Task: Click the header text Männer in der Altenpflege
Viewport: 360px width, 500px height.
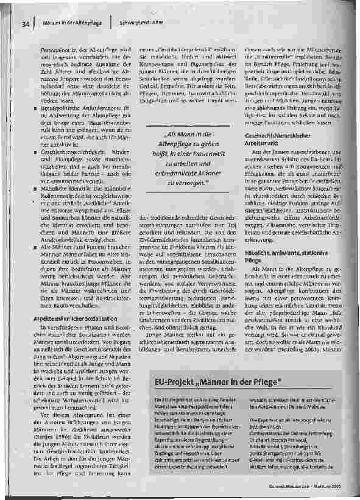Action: point(71,24)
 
